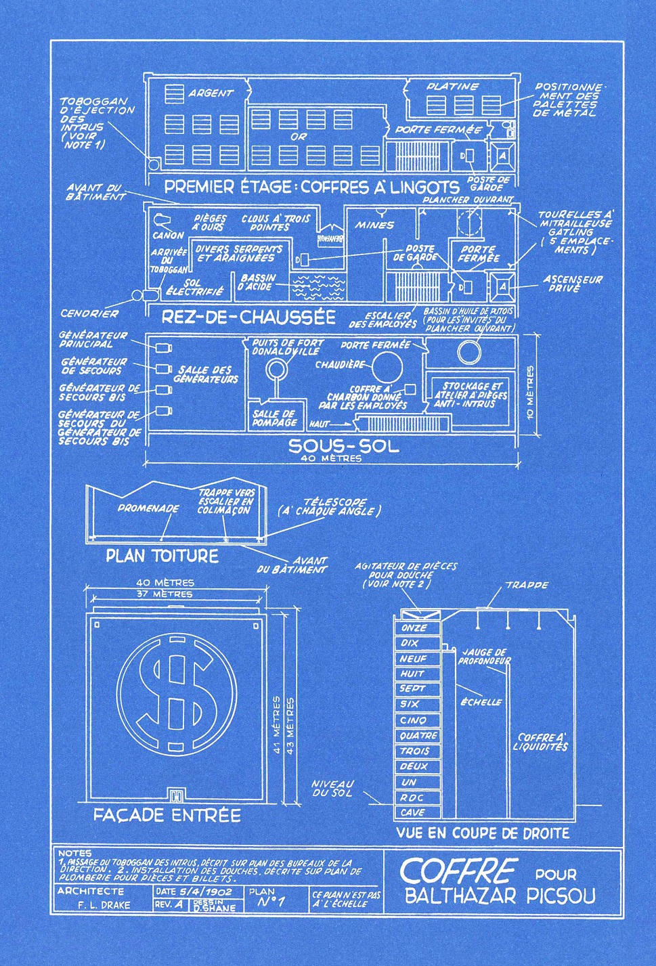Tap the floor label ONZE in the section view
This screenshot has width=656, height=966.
(x=414, y=628)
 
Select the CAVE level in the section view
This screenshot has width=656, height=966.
(x=412, y=812)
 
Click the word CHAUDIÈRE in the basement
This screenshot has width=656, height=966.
(x=340, y=365)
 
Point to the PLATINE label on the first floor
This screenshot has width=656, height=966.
(x=452, y=87)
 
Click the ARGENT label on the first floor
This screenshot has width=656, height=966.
(x=211, y=93)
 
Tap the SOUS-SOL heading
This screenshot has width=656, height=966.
(x=343, y=445)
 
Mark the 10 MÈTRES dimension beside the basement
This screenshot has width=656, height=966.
(x=530, y=392)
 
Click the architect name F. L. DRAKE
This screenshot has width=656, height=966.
(x=104, y=905)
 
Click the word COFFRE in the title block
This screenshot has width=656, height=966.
(x=459, y=871)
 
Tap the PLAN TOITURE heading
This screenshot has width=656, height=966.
(x=162, y=556)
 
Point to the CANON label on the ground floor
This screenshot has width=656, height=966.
(x=168, y=236)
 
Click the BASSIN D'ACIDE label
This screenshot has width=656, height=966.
(x=258, y=282)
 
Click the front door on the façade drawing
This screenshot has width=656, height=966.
(x=177, y=795)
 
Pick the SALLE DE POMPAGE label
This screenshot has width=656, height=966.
(x=274, y=418)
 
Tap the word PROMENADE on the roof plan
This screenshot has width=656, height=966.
(x=148, y=508)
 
